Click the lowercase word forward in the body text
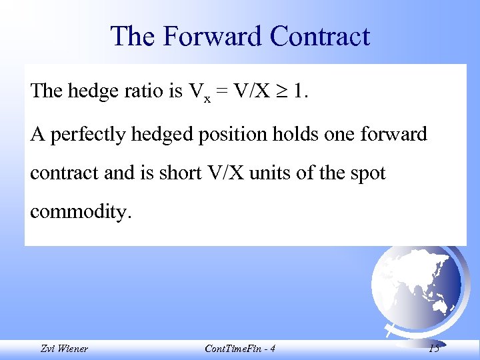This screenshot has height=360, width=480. point(393,134)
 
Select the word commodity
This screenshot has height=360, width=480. point(81,213)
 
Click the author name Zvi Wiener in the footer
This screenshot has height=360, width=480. point(63,349)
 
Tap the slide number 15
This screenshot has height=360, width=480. point(434,349)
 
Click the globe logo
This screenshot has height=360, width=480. point(416,287)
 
